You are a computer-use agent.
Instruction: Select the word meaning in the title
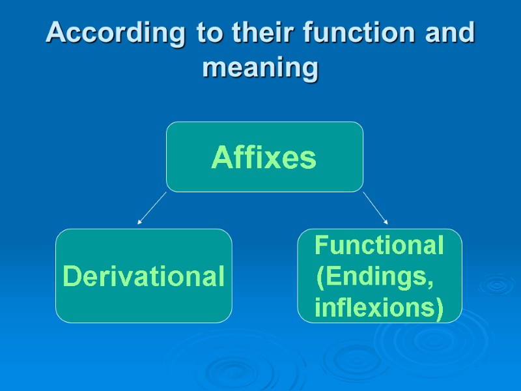(x=260, y=67)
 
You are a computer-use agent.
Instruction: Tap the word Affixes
(x=264, y=158)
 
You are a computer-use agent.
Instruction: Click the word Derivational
(x=143, y=277)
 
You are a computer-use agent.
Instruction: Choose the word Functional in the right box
(x=379, y=246)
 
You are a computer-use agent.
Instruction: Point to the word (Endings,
(x=374, y=277)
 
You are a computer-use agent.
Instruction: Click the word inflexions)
(x=378, y=307)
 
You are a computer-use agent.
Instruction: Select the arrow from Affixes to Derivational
(x=152, y=208)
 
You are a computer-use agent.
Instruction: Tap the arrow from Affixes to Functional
(x=375, y=208)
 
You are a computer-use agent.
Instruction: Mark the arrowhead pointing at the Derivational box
(x=139, y=223)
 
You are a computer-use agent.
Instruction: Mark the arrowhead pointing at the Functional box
(x=386, y=222)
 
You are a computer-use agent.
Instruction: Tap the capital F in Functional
(x=320, y=246)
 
